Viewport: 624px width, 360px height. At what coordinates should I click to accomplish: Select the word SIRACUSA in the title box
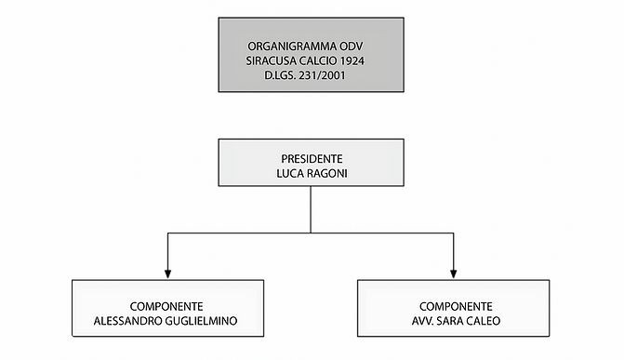tap(272, 60)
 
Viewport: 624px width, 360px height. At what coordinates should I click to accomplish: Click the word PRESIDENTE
tap(311, 158)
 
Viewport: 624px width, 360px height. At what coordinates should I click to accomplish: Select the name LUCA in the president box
tap(289, 173)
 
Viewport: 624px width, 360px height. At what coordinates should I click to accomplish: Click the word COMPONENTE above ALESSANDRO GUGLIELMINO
tap(167, 306)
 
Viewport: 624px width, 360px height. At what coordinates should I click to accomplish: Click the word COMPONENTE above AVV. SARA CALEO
tap(455, 306)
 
